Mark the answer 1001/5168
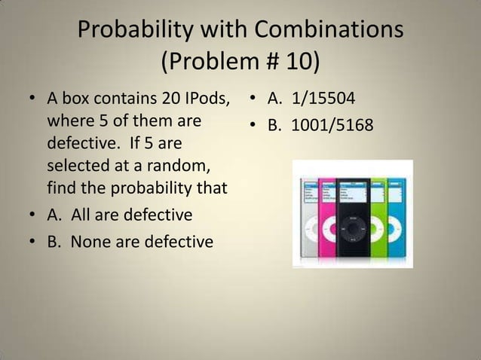coord(332,123)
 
